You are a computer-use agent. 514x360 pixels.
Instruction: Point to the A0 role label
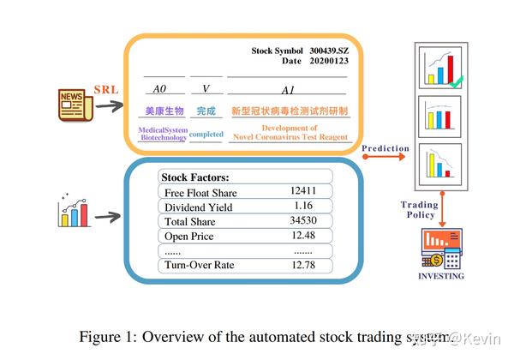(158, 89)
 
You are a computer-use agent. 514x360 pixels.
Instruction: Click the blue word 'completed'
(206, 135)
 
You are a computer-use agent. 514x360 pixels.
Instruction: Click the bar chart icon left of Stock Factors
(74, 212)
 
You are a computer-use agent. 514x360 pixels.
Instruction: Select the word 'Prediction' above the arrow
(385, 148)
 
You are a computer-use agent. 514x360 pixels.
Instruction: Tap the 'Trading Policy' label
(418, 210)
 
